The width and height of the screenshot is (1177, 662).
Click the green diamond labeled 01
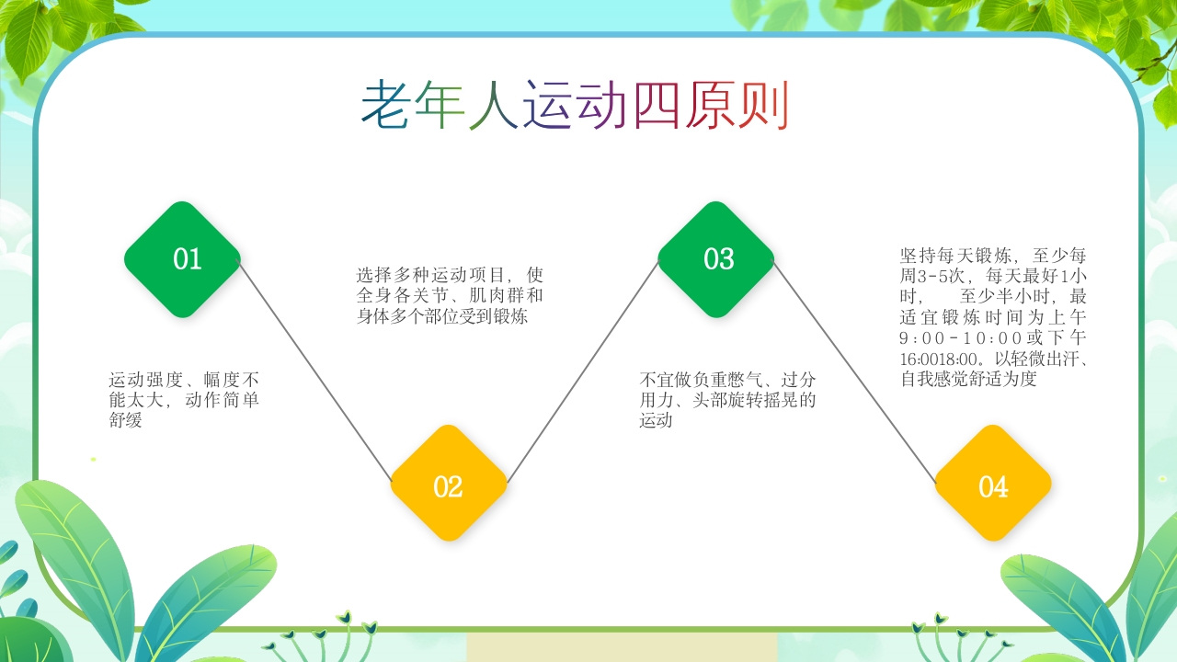click(x=183, y=259)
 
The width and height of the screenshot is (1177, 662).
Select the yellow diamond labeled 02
click(x=449, y=484)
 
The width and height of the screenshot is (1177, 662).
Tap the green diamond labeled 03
click(x=716, y=259)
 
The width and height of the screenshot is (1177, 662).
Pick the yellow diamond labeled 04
click(x=993, y=484)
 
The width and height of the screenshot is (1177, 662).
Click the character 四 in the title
click(x=657, y=105)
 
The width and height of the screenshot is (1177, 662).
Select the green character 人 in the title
click(x=495, y=105)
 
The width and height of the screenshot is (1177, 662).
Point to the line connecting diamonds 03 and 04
click(x=855, y=372)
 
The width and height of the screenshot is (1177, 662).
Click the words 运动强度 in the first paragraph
click(x=143, y=379)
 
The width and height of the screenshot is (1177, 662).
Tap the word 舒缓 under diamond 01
click(x=126, y=420)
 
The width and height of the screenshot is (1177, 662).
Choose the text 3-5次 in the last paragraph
click(x=953, y=276)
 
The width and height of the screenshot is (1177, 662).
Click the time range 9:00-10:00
click(x=964, y=337)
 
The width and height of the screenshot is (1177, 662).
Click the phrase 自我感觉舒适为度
click(x=969, y=379)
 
